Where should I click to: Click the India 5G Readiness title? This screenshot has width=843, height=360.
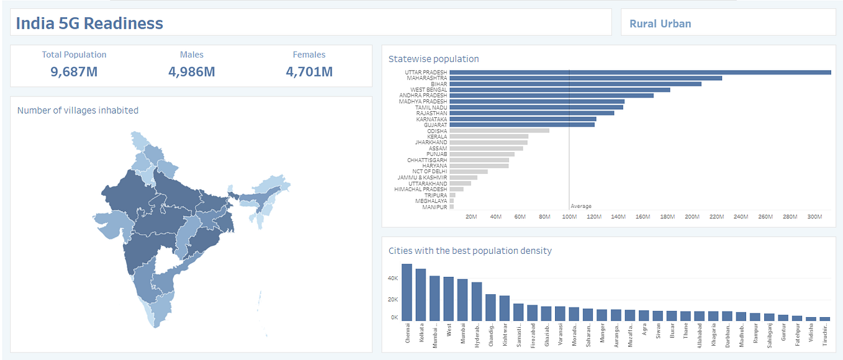(89, 24)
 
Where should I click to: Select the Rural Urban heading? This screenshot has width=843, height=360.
(660, 24)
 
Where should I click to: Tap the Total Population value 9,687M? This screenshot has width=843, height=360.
(74, 71)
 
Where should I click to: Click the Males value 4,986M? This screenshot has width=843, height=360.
(191, 71)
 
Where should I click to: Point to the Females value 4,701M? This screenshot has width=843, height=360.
(309, 71)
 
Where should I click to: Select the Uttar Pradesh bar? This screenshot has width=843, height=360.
(639, 73)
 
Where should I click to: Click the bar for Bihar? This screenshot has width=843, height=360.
(575, 84)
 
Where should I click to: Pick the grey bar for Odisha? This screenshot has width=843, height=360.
(499, 131)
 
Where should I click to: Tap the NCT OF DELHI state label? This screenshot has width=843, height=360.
(430, 172)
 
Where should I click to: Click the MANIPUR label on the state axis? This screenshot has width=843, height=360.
(435, 207)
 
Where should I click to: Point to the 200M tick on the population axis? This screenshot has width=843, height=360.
(692, 217)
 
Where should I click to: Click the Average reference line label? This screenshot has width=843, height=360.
(581, 206)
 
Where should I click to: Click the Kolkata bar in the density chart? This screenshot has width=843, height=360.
(421, 294)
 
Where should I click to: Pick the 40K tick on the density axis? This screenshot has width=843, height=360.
(392, 279)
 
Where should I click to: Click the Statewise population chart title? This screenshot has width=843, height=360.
(433, 59)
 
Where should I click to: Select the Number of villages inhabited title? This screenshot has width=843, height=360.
(78, 110)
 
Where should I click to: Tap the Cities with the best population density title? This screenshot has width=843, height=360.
(470, 251)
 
